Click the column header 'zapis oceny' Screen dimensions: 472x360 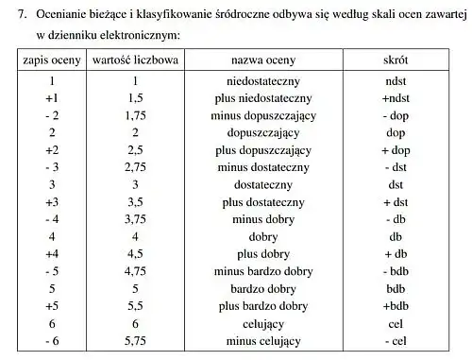(x=53, y=60)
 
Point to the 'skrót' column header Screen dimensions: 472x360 (x=396, y=60)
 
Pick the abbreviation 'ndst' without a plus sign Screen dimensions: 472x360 (x=396, y=81)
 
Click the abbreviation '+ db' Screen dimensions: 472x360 (x=396, y=254)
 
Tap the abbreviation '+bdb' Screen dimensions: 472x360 (x=396, y=306)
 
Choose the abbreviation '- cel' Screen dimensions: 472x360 (x=396, y=340)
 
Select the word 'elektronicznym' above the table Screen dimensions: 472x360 (x=132, y=35)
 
